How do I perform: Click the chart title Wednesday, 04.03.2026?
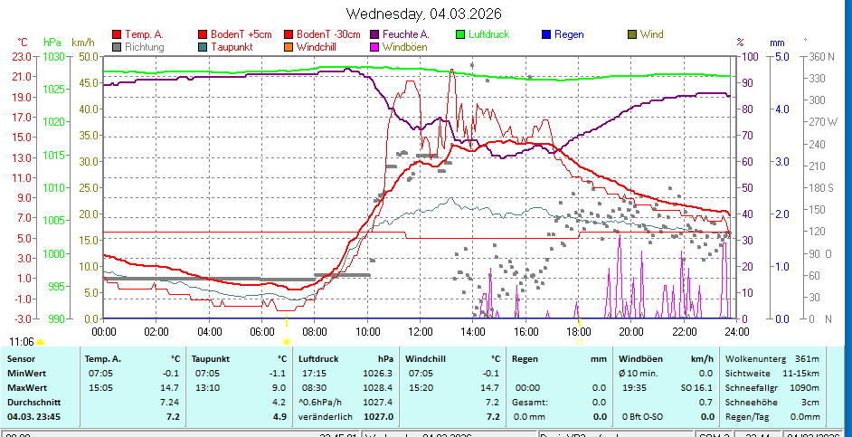pyautogui.click(x=424, y=13)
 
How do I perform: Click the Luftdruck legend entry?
pyautogui.click(x=488, y=34)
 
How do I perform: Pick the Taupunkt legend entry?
pyautogui.click(x=231, y=46)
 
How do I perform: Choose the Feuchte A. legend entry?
pyautogui.click(x=405, y=34)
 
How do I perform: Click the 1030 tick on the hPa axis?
pyautogui.click(x=54, y=56)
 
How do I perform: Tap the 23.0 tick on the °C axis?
pyautogui.click(x=22, y=56)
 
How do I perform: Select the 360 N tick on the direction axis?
pyautogui.click(x=819, y=56)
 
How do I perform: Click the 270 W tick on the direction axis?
pyautogui.click(x=819, y=121)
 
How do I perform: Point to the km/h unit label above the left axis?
pyautogui.click(x=82, y=42)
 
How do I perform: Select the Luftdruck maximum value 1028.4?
pyautogui.click(x=381, y=387)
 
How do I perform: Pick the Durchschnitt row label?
pyautogui.click(x=32, y=402)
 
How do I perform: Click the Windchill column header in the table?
pyautogui.click(x=426, y=359)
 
